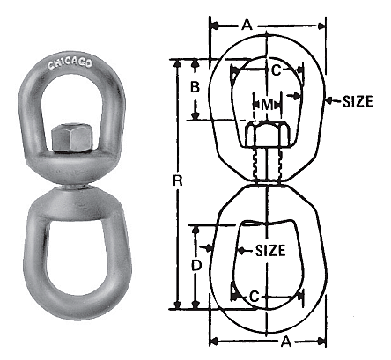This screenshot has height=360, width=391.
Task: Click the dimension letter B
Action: point(195,88)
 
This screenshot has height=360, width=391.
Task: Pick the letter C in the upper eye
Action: point(275,70)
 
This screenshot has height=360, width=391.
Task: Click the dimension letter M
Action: point(266,104)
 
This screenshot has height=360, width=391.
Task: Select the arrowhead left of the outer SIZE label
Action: point(328,101)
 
